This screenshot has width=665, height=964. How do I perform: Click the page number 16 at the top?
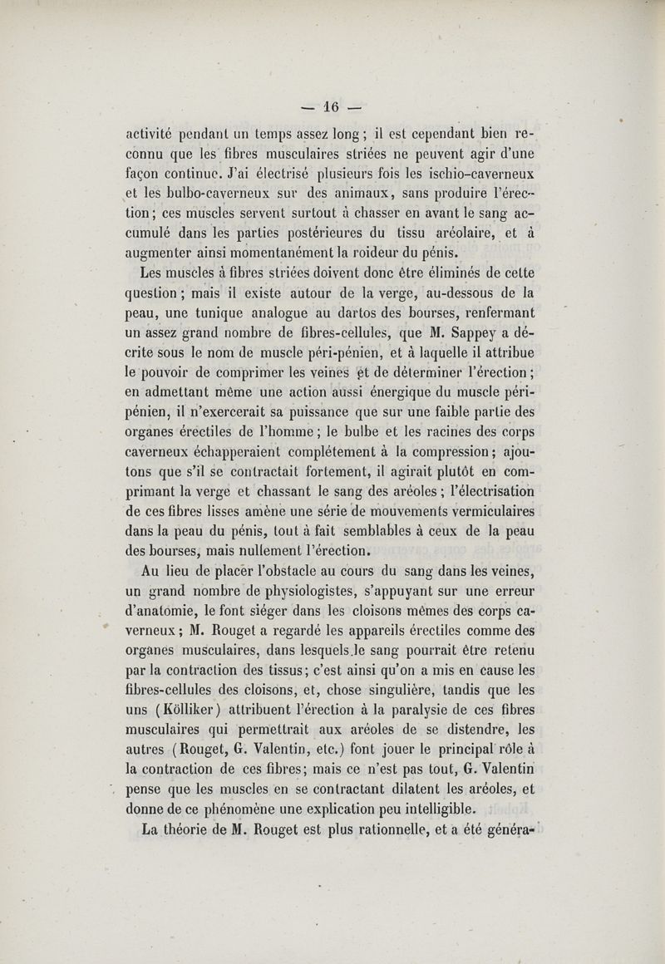click(332, 106)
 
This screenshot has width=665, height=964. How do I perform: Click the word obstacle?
click(289, 573)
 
